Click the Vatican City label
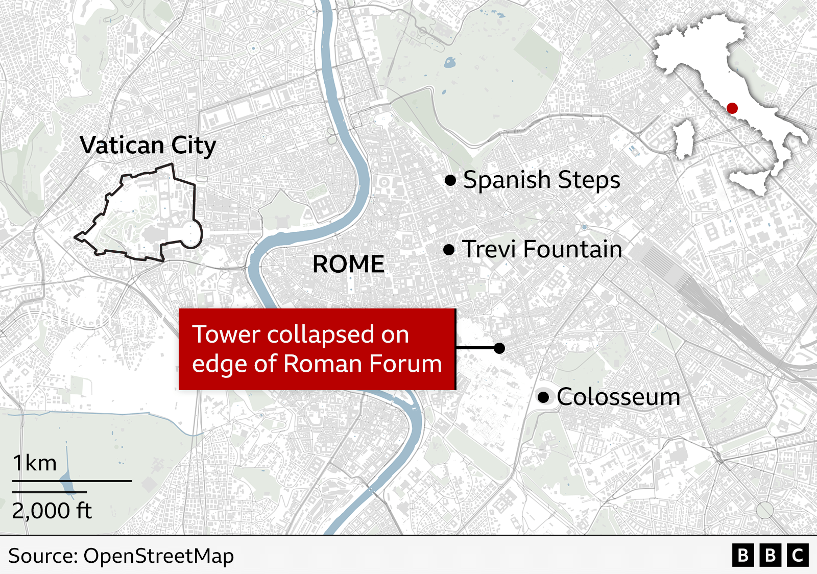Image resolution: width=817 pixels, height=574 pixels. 148,146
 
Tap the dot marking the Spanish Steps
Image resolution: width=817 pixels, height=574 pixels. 450,180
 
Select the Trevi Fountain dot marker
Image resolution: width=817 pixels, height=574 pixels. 449,250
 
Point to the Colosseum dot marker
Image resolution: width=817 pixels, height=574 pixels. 543,397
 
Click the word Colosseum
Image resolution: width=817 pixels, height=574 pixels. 618,397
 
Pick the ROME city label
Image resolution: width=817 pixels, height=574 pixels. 348,264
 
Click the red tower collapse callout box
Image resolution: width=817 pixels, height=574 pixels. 317,349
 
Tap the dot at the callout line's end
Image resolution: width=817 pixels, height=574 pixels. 499,348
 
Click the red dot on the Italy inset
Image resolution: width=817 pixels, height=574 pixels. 732,108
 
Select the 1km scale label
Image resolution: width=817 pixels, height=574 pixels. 35,463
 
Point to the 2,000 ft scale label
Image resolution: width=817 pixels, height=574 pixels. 52,511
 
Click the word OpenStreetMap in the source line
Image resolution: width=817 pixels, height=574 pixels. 158,556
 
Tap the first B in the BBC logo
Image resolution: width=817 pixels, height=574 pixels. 743,556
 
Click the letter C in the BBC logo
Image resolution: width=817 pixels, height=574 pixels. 798,556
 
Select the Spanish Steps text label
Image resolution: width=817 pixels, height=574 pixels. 541,180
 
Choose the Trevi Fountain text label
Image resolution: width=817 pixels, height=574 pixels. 542,250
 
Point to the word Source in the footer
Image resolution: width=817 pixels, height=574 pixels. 42,556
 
